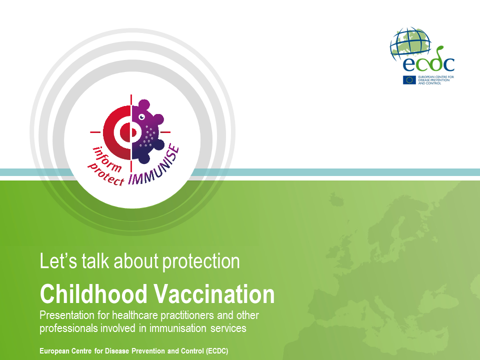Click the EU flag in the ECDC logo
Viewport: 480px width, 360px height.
click(x=409, y=80)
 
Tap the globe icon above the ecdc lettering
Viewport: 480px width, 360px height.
click(x=410, y=43)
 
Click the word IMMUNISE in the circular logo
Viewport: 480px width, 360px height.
click(x=153, y=167)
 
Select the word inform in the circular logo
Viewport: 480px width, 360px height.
click(x=107, y=159)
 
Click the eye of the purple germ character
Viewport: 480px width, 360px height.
click(x=141, y=117)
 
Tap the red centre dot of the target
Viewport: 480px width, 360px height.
click(x=125, y=132)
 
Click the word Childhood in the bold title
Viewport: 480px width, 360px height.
click(x=93, y=294)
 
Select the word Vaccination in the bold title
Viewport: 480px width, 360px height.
click(x=214, y=294)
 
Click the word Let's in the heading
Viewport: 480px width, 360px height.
click(x=58, y=261)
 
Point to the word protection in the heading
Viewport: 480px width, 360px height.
click(x=201, y=261)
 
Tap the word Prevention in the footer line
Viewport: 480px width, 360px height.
click(x=148, y=351)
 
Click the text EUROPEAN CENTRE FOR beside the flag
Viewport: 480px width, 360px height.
click(x=436, y=77)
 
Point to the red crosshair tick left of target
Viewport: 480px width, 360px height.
click(x=95, y=132)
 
